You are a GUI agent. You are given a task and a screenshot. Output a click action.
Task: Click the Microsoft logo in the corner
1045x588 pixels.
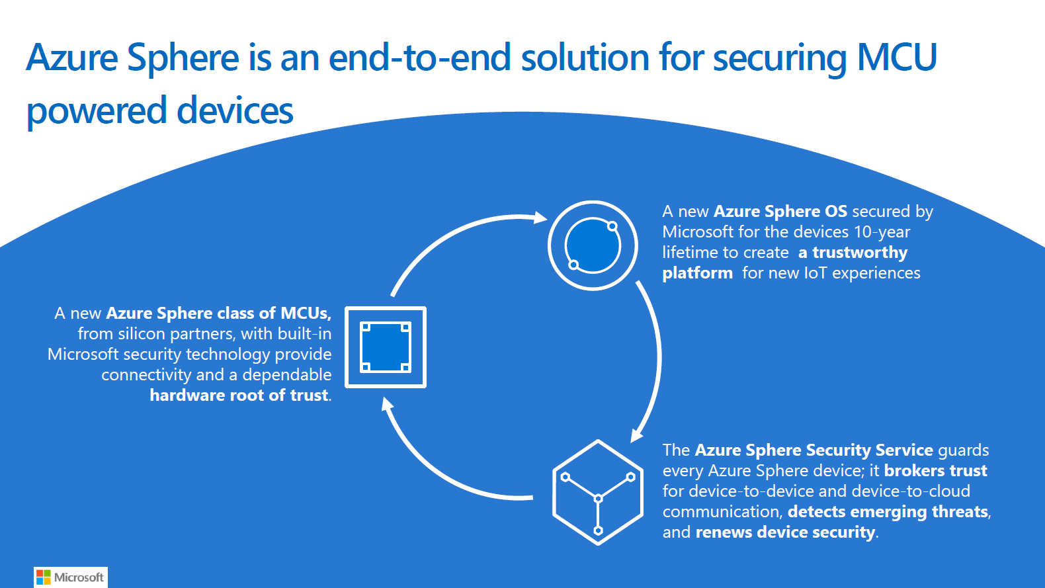(x=70, y=577)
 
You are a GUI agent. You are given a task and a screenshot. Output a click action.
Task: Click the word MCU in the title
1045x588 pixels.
(x=897, y=57)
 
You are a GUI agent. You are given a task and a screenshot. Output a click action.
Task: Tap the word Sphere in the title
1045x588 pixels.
(x=183, y=57)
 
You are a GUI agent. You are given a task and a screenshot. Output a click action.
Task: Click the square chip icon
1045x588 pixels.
(x=386, y=347)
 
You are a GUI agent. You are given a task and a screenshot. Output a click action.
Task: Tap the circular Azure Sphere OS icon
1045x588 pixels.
(x=593, y=245)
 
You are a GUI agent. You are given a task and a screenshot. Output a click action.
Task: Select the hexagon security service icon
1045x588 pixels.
(x=598, y=493)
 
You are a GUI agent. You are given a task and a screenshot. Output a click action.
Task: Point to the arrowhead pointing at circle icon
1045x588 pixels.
(x=540, y=217)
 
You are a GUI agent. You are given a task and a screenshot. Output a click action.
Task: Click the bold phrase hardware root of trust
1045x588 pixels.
(x=239, y=396)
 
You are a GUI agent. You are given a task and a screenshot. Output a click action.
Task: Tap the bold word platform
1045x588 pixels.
(x=697, y=273)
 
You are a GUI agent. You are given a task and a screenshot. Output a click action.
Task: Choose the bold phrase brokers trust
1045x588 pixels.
(x=935, y=471)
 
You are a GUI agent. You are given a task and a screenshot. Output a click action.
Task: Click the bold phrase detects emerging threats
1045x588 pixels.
(x=888, y=512)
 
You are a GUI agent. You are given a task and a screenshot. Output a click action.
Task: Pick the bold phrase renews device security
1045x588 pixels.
(x=785, y=532)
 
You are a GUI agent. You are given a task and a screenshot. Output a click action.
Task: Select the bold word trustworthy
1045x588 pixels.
(x=860, y=253)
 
